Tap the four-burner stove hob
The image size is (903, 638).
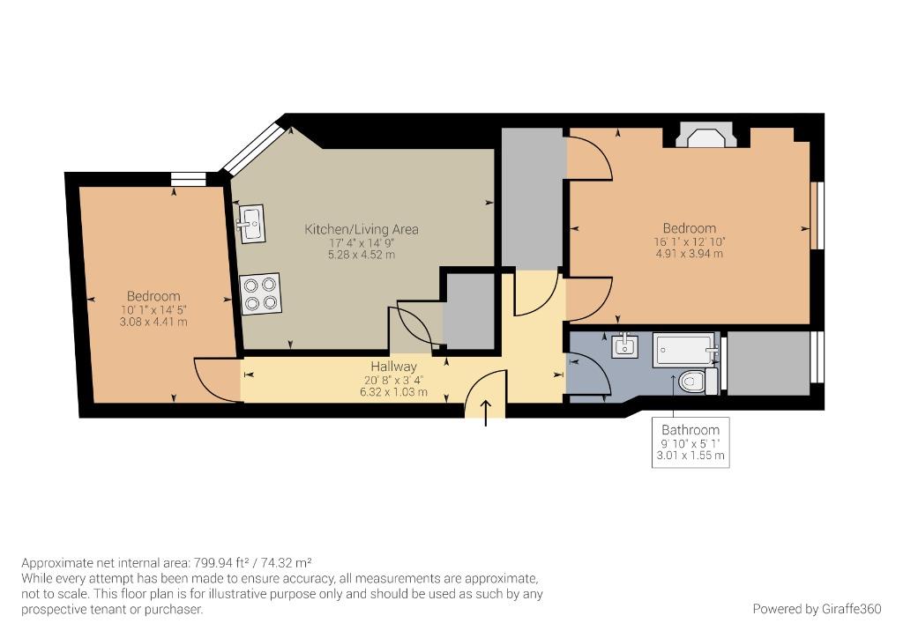pos(260,293)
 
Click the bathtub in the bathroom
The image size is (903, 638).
pos(686,350)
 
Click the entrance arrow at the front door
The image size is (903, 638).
pos(486,413)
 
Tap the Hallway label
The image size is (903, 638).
pos(393,367)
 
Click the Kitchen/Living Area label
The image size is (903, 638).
pos(362,229)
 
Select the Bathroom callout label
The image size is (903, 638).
pos(690,430)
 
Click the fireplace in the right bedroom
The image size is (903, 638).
pos(706,135)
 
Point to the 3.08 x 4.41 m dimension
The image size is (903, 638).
pos(153,323)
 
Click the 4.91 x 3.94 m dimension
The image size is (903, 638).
pos(690,254)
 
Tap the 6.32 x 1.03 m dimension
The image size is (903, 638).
pos(394,392)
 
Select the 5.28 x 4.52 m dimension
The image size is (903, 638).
pos(362,255)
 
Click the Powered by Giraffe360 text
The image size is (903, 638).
pos(817,609)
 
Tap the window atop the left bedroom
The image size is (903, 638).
pos(189,179)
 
